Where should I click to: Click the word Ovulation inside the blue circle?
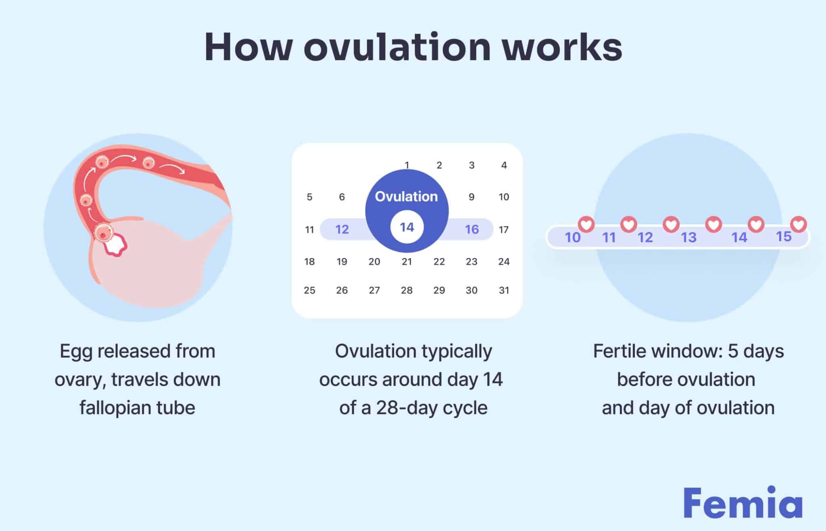click(406, 196)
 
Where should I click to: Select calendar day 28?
click(407, 290)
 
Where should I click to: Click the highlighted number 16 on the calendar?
click(471, 229)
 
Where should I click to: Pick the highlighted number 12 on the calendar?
click(342, 229)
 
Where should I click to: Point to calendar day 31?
click(504, 290)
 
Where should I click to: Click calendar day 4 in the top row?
click(504, 165)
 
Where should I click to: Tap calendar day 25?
click(309, 290)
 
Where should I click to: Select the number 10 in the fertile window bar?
click(572, 237)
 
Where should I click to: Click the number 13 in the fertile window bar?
click(688, 237)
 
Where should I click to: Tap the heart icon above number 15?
click(798, 224)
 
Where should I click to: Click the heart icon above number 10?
click(586, 224)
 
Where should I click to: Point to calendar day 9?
click(471, 197)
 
